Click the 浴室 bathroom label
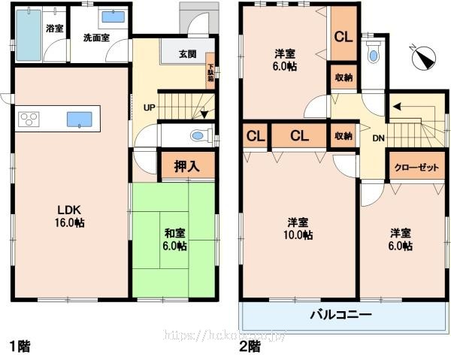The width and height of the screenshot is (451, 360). [54, 29]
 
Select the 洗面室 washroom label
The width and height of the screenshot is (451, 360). [96, 36]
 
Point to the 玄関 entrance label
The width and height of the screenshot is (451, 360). [187, 54]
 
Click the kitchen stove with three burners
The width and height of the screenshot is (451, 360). [29, 119]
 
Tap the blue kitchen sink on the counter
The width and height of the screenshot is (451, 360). [79, 119]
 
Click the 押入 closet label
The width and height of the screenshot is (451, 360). [187, 166]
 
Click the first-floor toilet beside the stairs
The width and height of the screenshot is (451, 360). [198, 136]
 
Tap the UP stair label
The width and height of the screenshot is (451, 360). [149, 107]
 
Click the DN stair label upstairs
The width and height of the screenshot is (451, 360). [379, 138]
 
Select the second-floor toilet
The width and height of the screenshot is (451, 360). [374, 54]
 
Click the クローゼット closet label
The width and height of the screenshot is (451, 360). [416, 168]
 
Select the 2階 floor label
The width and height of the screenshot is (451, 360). [250, 346]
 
